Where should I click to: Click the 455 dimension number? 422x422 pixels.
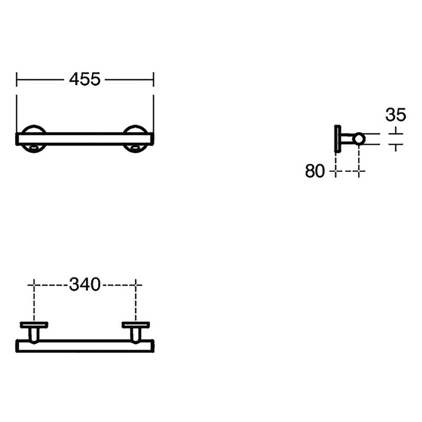coord(85,79)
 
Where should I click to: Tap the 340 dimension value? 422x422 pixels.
coord(85,285)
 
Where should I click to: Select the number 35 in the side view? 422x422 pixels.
coord(395,114)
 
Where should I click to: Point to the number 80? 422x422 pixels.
coord(315,171)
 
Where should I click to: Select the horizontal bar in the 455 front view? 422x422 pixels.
coord(85,139)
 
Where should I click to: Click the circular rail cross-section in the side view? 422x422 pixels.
coord(359,139)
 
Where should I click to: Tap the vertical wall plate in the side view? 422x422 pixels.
coord(337,138)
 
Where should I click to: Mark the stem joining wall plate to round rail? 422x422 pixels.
coord(347,139)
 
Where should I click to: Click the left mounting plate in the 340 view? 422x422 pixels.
coord(34,324)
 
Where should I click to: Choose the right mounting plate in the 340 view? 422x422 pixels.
coord(136,324)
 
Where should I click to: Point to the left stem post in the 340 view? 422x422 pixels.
coord(34,334)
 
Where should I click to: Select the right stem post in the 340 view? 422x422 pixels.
coord(136,334)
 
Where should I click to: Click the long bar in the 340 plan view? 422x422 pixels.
coord(85,346)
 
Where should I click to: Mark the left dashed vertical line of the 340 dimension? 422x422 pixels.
coord(34,301)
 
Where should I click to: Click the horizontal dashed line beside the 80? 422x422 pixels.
coord(347,171)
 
